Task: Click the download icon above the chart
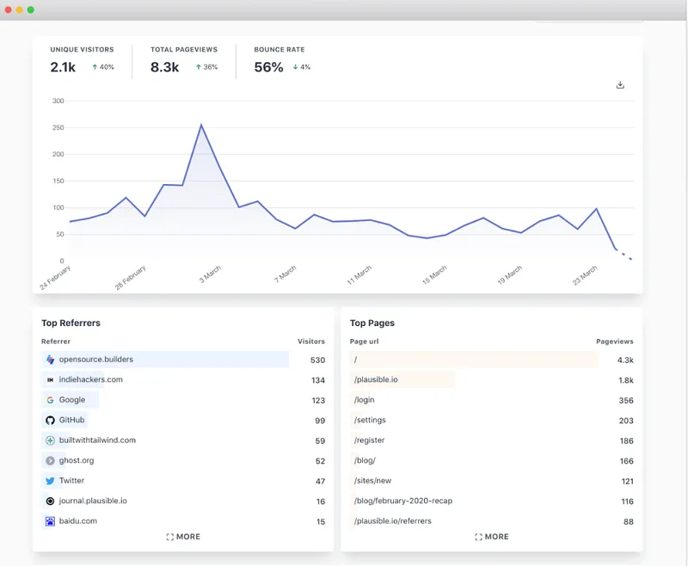tap(620, 85)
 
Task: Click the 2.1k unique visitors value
tap(64, 67)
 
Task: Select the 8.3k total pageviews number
tap(164, 67)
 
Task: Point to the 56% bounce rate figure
tap(268, 67)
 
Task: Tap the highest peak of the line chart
tap(201, 126)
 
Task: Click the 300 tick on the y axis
tap(58, 101)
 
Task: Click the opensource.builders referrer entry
tap(95, 360)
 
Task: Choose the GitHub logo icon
tap(51, 420)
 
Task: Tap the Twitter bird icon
tap(51, 481)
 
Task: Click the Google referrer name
tap(72, 400)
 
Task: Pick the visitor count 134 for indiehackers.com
tap(317, 380)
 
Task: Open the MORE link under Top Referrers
tap(183, 537)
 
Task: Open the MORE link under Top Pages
tap(491, 537)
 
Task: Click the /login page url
tap(364, 400)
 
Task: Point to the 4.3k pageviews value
tap(625, 360)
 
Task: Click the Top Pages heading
tap(372, 323)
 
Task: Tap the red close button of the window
tap(9, 9)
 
